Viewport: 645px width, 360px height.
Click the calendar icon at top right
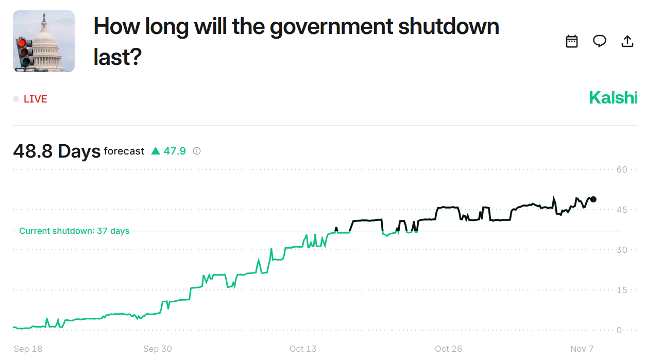click(572, 41)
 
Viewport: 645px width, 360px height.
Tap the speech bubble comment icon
click(599, 41)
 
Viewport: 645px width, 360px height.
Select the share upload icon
click(627, 41)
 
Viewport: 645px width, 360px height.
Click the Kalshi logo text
click(613, 97)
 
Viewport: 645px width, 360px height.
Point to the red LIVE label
click(35, 99)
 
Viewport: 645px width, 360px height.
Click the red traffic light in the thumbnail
click(22, 43)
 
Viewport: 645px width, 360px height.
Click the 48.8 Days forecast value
click(57, 151)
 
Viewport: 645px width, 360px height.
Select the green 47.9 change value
click(175, 151)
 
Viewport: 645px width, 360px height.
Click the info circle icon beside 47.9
click(197, 151)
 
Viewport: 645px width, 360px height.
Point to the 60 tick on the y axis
click(622, 169)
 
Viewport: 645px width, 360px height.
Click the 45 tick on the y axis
click(622, 210)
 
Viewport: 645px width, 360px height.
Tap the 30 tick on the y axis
click(622, 250)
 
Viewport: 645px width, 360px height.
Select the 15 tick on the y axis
click(622, 290)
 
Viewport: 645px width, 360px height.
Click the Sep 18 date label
click(28, 349)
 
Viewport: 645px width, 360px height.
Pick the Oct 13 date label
click(303, 349)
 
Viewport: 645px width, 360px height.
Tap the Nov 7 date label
click(582, 349)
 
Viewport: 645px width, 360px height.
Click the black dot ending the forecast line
click(593, 199)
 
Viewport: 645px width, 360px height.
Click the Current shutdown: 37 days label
click(74, 231)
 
